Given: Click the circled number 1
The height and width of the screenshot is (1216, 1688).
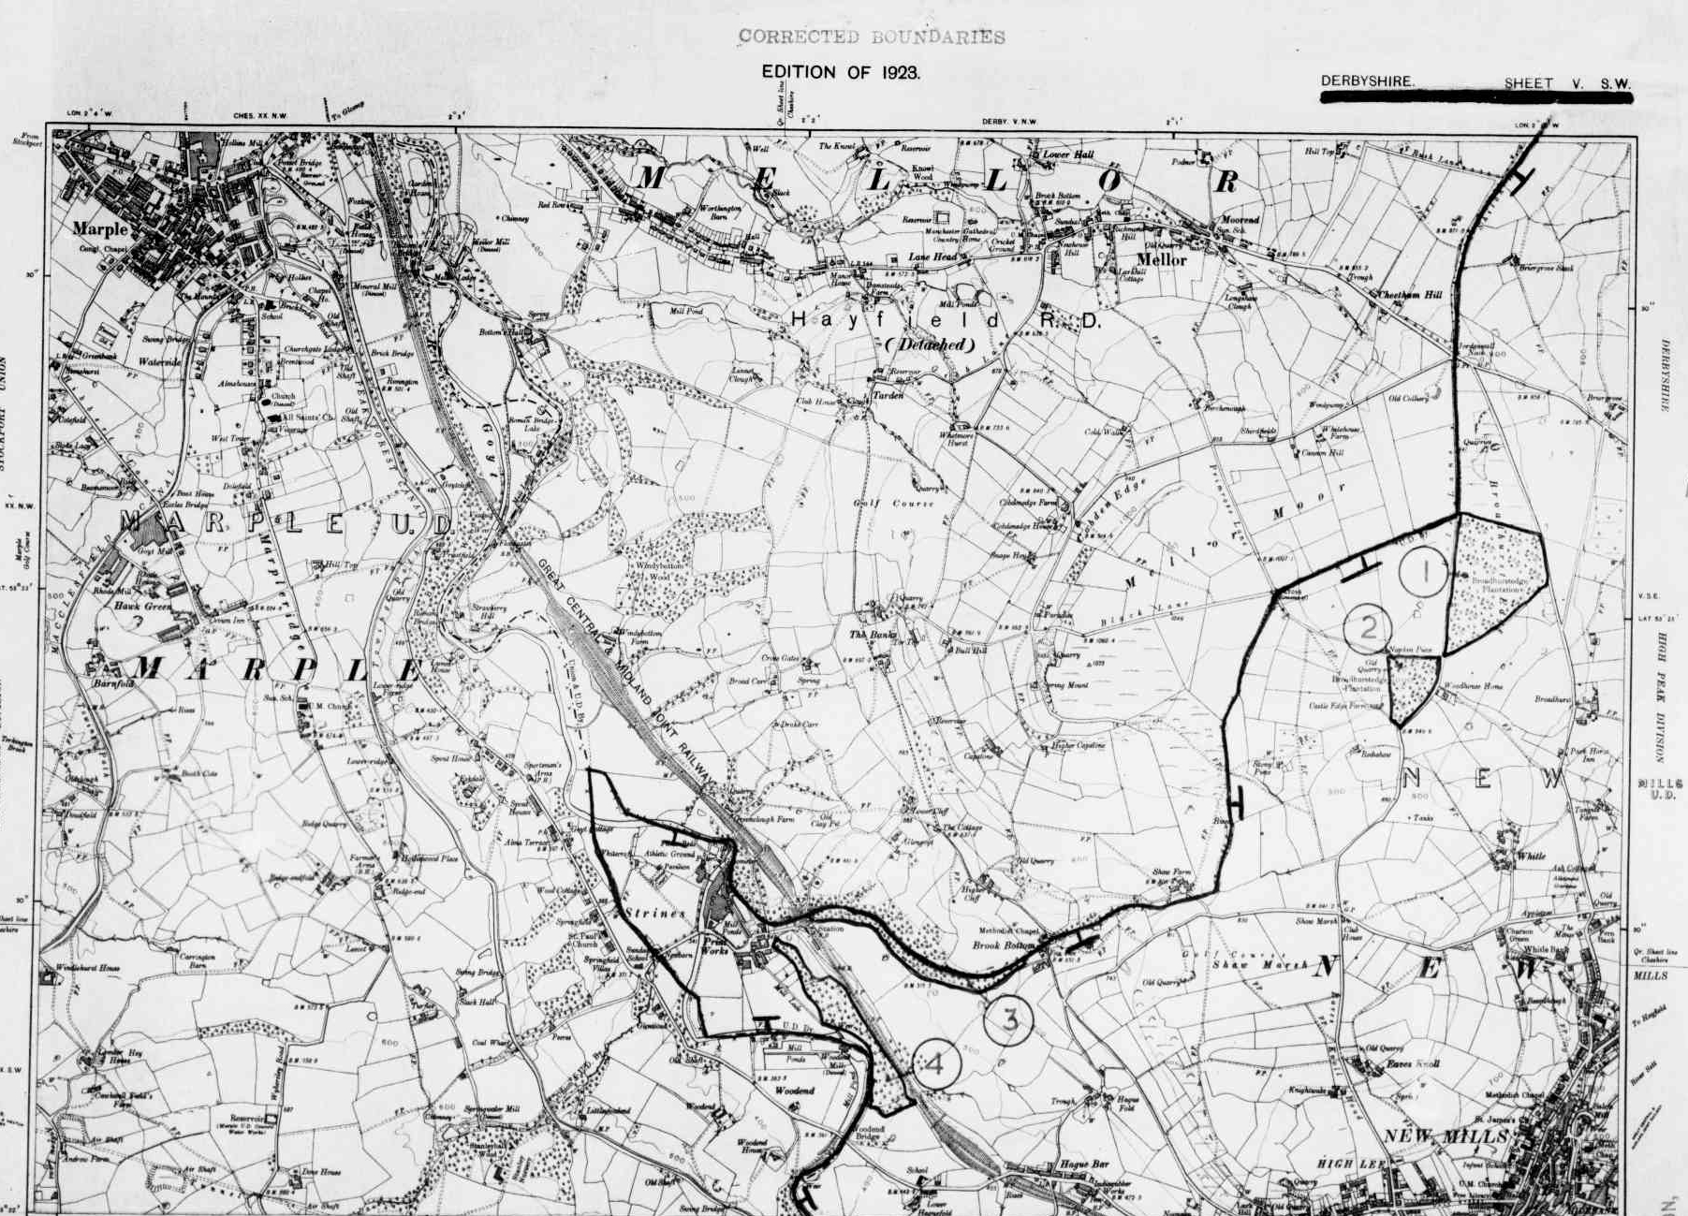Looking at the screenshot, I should click(1424, 572).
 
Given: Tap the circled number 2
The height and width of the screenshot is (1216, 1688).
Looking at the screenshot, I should click(1368, 628).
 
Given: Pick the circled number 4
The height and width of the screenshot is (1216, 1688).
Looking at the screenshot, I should click(935, 1064).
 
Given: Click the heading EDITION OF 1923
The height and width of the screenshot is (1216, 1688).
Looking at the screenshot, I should click(840, 72).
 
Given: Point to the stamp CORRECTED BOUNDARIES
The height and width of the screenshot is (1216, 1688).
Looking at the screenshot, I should click(871, 37).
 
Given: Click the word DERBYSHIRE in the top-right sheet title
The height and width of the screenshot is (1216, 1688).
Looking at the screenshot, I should click(1367, 81).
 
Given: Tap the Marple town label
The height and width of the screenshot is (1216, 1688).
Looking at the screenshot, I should click(100, 229).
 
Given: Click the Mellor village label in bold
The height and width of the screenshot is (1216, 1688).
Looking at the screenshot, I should click(1161, 259).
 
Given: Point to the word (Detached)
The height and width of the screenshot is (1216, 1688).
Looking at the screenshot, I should click(930, 344).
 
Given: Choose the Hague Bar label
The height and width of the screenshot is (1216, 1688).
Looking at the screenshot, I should click(1084, 1165).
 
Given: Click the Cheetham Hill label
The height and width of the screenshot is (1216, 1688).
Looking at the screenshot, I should click(1409, 295).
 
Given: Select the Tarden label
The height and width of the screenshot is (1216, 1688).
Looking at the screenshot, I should click(888, 396).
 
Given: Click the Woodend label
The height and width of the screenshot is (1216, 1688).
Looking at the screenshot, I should click(794, 1091).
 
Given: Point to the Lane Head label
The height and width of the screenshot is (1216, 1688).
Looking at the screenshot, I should click(932, 257).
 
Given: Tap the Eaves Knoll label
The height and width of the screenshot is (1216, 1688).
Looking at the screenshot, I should click(1412, 1063).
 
